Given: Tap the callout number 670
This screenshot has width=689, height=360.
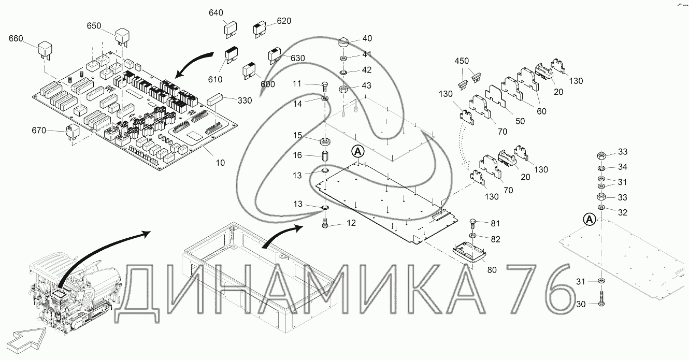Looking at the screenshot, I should pos(39,132).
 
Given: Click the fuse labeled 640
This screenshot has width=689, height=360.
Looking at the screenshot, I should pos(231,31).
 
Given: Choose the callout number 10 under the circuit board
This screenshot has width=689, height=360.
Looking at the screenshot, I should pos(220,163).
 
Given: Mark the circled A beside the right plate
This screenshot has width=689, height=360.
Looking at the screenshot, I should pos(589,220).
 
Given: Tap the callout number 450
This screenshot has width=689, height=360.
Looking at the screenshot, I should pos(462,61).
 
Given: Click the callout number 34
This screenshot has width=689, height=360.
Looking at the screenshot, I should pos(622,167).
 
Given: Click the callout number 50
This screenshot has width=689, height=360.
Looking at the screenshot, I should pos(520,121).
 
